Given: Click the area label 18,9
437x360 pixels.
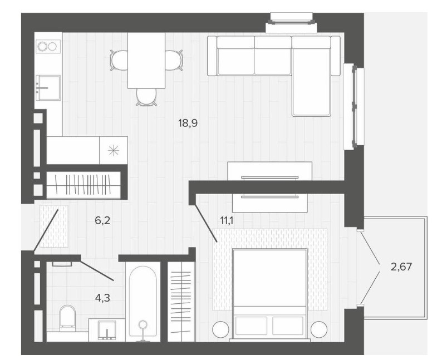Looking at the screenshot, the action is [x=188, y=122].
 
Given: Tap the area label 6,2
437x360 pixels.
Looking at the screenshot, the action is [x=102, y=221].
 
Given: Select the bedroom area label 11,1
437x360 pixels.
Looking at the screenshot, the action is [x=227, y=221].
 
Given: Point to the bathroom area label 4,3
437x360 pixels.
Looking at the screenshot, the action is [x=102, y=298].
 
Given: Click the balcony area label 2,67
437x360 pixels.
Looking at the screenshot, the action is [x=401, y=267].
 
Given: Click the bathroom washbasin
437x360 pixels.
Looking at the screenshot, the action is [x=107, y=330].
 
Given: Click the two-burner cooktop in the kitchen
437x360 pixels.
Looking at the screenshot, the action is [x=48, y=46].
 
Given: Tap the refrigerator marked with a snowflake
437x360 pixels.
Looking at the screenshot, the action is [x=114, y=150].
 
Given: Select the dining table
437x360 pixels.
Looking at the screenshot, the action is [x=146, y=61].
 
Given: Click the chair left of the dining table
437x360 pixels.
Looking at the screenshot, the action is [x=119, y=60].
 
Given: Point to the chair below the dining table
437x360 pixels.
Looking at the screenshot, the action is [x=146, y=97].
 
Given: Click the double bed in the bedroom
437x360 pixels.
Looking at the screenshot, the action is [x=270, y=294].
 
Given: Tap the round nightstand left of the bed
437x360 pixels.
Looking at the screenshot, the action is [x=220, y=329].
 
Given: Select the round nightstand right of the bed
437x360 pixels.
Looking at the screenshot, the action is [x=319, y=329].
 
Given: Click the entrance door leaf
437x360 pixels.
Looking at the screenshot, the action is [x=46, y=230].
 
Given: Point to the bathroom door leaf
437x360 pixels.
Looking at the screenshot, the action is [x=97, y=270].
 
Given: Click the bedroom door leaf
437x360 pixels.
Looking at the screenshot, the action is [x=205, y=223].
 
